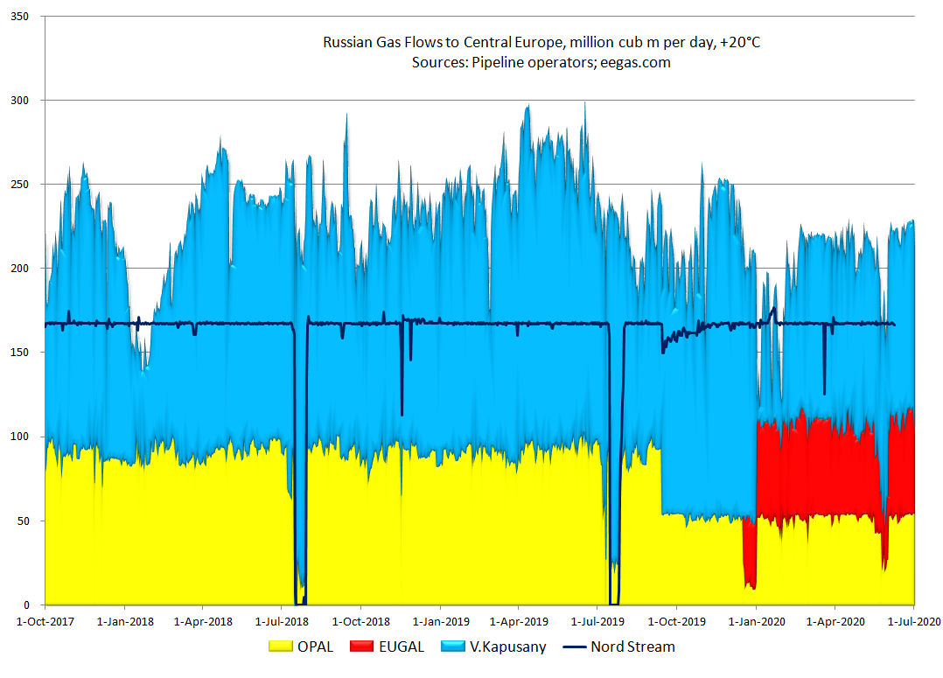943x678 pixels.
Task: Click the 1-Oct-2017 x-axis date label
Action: (x=45, y=621)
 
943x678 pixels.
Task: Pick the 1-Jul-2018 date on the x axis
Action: (x=282, y=621)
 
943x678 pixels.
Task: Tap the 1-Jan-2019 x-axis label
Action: (x=440, y=621)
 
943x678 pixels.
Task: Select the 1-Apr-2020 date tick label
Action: (x=835, y=621)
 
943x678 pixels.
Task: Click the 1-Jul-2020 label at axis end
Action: (x=912, y=621)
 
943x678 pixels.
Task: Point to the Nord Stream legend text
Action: (x=632, y=647)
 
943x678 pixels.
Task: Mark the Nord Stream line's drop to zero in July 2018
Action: (x=300, y=603)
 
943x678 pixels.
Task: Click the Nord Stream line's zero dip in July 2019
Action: (x=613, y=603)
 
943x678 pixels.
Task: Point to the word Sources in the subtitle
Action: (x=439, y=62)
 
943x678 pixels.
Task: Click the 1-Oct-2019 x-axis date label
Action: (x=676, y=621)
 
